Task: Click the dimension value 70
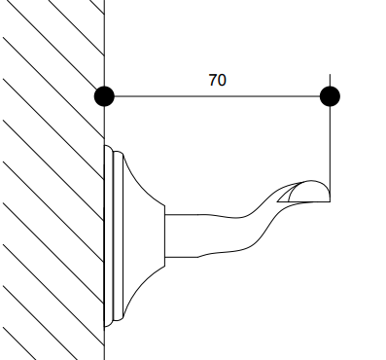click(x=217, y=80)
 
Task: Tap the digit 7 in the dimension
click(x=213, y=80)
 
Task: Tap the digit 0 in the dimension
click(x=222, y=80)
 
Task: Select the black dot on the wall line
click(x=104, y=96)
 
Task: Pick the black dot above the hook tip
click(x=330, y=96)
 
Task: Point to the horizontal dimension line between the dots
click(x=217, y=96)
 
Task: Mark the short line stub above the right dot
click(x=330, y=81)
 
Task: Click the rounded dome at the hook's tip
click(x=309, y=192)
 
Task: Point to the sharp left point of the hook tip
click(x=277, y=201)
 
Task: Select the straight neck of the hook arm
click(x=182, y=235)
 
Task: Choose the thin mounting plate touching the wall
click(x=109, y=235)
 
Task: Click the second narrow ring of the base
click(x=119, y=235)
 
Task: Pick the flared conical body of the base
click(x=144, y=235)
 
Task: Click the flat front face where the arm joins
click(x=165, y=235)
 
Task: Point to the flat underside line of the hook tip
click(x=303, y=201)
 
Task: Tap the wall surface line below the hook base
click(x=104, y=343)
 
